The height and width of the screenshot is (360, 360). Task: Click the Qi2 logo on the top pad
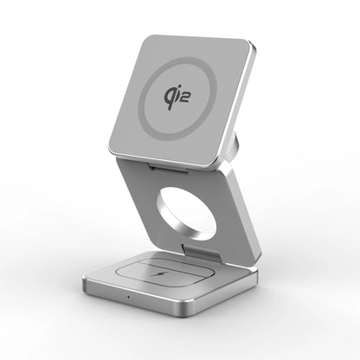pos(177,98)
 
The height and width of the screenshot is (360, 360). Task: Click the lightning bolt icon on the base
pos(157,273)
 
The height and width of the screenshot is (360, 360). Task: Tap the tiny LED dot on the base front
pos(128,297)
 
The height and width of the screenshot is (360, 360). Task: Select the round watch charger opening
pos(186,214)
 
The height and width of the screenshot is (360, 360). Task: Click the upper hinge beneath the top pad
pos(168,168)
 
